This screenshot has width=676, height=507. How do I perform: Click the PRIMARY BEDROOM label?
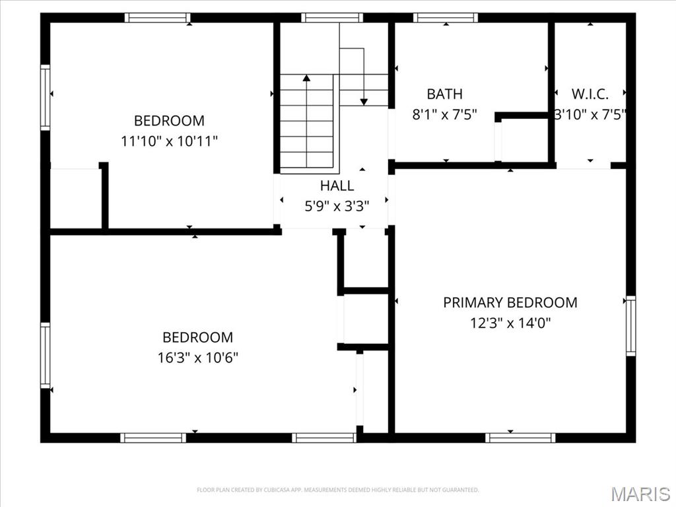(x=510, y=302)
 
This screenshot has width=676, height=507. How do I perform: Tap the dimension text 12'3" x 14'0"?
(x=510, y=323)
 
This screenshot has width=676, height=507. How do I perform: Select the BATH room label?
(x=444, y=94)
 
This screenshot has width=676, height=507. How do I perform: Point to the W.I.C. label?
(x=590, y=94)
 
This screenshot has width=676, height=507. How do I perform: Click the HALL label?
(x=337, y=186)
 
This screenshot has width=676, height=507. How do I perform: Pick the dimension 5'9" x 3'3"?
(x=337, y=206)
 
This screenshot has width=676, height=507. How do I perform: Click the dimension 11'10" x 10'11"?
(x=169, y=141)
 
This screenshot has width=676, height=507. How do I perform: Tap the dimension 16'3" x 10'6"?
(x=197, y=358)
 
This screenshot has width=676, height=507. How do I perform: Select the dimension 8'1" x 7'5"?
(x=444, y=115)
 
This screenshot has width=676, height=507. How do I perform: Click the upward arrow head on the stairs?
(x=306, y=79)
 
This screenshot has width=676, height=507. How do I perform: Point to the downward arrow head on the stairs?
(x=364, y=101)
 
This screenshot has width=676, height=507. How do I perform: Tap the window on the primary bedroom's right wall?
(x=630, y=326)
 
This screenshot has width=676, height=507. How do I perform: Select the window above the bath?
(x=446, y=18)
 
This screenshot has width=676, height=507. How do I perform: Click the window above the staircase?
(x=332, y=18)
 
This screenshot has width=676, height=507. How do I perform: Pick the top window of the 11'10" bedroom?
(x=157, y=18)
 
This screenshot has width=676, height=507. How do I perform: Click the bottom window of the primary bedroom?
(x=520, y=437)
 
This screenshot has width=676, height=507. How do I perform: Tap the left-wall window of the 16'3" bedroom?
(x=45, y=355)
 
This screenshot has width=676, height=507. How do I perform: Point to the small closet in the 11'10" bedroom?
(x=75, y=198)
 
